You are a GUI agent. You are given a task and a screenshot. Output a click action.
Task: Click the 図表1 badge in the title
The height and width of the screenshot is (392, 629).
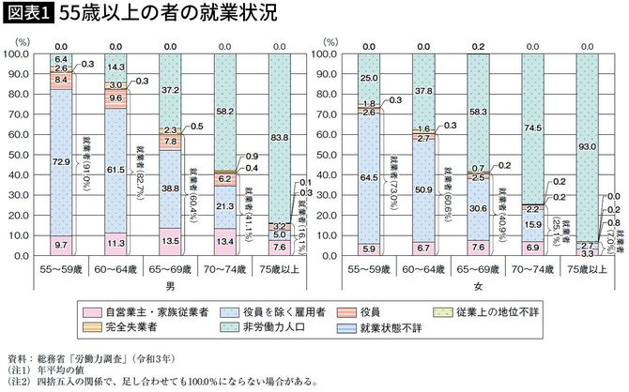(30, 16)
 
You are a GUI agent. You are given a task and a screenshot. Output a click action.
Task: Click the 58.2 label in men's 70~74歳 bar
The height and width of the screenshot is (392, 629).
(224, 111)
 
